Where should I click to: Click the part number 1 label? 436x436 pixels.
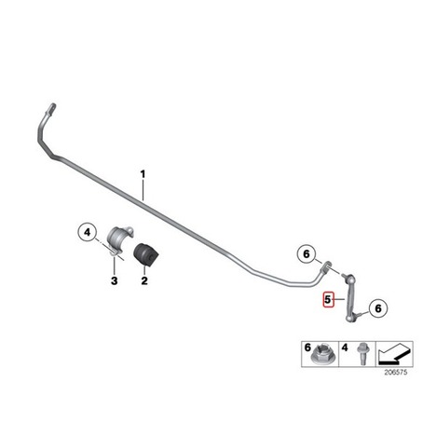[x=143, y=174]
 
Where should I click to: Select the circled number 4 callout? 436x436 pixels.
[x=88, y=232]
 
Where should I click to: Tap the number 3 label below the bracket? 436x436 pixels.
[x=115, y=281]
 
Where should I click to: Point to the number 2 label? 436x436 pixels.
[x=144, y=281]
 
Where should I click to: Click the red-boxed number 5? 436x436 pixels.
[x=328, y=300]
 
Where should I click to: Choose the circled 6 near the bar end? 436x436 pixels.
[x=307, y=254]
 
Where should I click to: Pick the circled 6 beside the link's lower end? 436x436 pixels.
[x=378, y=308]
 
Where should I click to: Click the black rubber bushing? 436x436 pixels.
[x=145, y=254]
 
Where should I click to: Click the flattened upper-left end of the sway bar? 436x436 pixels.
[x=52, y=108]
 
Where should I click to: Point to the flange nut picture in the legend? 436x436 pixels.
[x=321, y=357]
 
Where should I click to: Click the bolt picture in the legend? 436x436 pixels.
[x=361, y=354]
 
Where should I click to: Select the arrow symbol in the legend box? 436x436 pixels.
[x=394, y=354]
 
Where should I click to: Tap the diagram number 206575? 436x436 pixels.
[x=395, y=372]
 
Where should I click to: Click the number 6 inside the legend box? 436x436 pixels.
[x=307, y=347]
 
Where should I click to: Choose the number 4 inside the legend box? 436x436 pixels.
[x=345, y=347]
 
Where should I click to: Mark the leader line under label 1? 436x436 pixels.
[x=143, y=190]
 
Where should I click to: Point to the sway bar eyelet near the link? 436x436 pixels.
[x=326, y=266]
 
